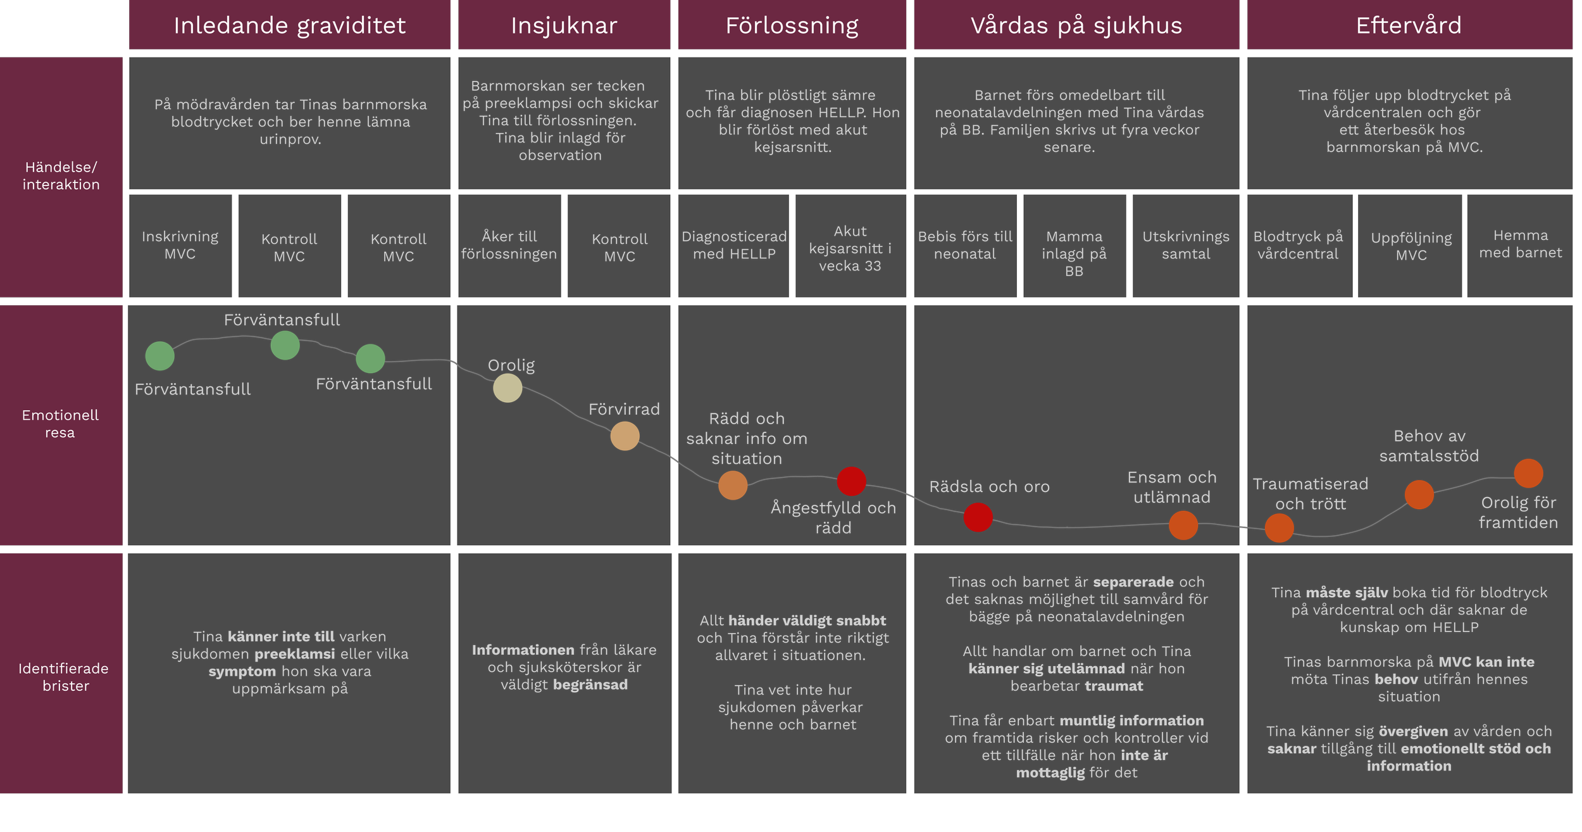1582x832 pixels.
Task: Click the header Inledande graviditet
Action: (289, 25)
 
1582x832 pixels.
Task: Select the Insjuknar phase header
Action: (564, 25)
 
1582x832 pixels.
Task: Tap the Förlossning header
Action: (792, 25)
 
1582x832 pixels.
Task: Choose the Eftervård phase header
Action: (1409, 25)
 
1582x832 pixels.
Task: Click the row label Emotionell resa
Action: (61, 424)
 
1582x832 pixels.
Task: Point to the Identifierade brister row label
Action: (63, 677)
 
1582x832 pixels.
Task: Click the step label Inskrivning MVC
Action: (180, 245)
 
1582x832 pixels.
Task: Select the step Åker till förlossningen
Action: (509, 245)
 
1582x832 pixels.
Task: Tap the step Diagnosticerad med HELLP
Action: (734, 245)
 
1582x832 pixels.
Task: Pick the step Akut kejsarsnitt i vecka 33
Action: (850, 248)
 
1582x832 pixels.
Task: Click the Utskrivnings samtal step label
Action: (1186, 245)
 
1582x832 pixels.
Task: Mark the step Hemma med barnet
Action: (1520, 244)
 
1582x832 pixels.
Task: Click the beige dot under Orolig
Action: (508, 388)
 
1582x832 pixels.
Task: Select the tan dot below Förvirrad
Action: (625, 436)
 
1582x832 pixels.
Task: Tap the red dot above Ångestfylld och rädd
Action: (851, 481)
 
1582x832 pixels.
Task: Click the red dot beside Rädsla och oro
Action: (978, 517)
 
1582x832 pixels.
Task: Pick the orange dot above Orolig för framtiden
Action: (1528, 474)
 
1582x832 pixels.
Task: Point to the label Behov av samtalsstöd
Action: (1429, 446)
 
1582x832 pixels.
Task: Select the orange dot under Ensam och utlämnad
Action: (1183, 526)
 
